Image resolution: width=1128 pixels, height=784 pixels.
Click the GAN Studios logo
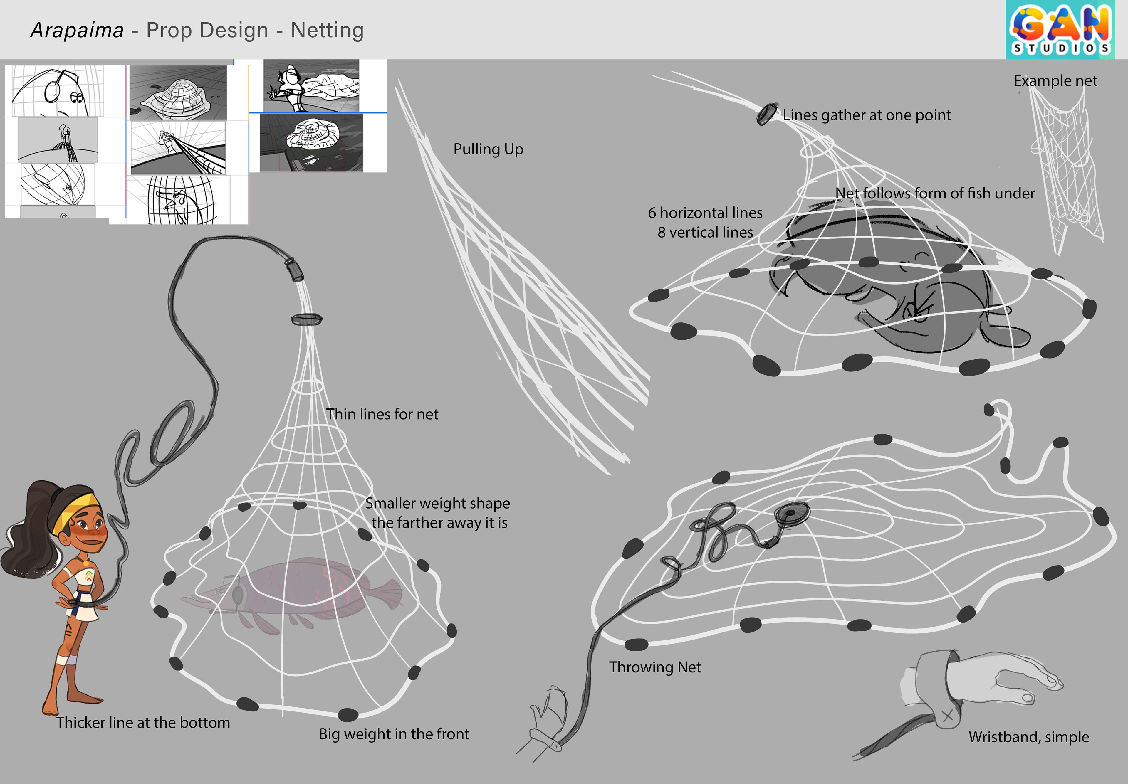pos(1060,29)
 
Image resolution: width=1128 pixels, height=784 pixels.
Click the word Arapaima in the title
pos(77,31)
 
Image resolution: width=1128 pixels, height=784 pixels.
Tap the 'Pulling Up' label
pos(488,149)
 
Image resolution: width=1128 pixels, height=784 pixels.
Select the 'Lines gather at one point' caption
pos(866,115)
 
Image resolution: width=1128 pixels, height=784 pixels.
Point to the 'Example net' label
pos(1055,80)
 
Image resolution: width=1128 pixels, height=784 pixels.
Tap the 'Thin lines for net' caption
pos(382,414)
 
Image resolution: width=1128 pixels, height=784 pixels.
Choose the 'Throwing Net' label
pos(655,667)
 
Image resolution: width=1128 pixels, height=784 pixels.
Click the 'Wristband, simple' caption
pos(1028,737)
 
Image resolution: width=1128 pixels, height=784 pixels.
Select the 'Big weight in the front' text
pos(394,734)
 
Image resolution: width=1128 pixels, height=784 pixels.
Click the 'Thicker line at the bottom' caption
pos(143,723)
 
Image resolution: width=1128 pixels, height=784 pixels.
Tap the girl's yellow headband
pos(79,511)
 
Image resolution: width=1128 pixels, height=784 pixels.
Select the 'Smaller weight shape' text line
pos(437,503)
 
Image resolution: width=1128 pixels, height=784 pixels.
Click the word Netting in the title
pos(327,31)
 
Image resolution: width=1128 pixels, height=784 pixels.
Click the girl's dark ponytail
pos(25,540)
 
